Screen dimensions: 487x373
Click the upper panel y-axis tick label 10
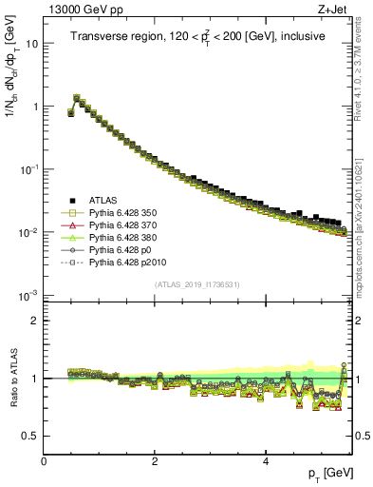coord(31,44)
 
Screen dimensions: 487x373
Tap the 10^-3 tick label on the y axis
coord(29,295)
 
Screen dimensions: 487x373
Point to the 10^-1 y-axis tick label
coord(29,169)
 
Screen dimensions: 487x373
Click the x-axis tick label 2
coord(155,462)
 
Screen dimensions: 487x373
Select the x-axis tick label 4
coord(266,462)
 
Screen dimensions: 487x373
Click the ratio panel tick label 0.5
coord(29,436)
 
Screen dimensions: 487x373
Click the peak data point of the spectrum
coord(77,97)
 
